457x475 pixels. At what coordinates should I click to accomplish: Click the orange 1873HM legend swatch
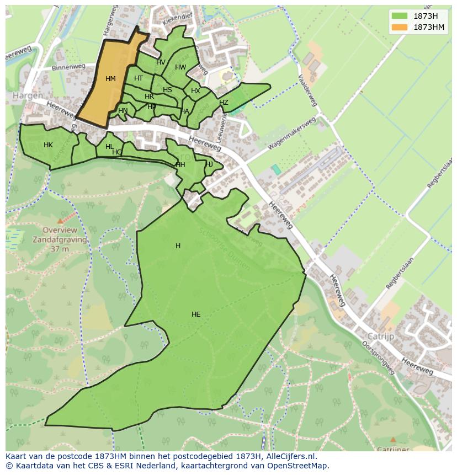400,27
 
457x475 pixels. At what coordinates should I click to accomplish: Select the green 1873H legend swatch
400,16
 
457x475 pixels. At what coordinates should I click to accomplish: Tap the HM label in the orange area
110,79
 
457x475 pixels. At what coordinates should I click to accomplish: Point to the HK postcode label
48,145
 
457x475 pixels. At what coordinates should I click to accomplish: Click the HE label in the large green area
196,314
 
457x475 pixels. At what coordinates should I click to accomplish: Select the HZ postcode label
224,103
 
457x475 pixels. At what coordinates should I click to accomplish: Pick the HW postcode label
180,67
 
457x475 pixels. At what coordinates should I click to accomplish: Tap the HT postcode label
139,78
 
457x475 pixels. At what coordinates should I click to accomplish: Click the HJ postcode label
209,164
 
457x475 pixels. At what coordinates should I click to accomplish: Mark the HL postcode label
109,147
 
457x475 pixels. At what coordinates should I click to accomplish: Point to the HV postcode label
161,62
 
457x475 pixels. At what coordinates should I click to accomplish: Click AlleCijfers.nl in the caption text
290,456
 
